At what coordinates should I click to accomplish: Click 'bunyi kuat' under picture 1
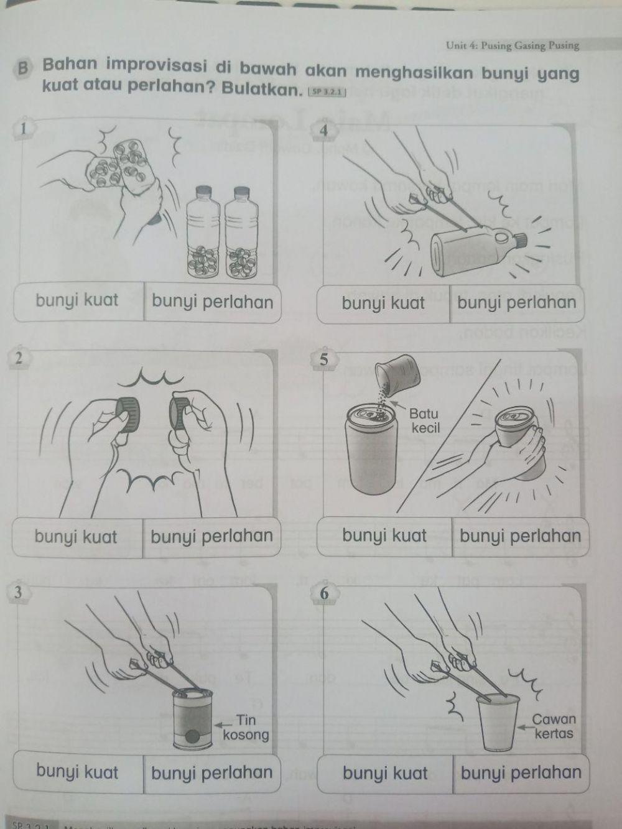pos(77,300)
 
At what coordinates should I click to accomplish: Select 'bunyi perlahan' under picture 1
pos(212,302)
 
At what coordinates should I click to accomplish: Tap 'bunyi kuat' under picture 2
pos(75,536)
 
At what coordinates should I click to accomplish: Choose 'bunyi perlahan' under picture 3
pos(211,772)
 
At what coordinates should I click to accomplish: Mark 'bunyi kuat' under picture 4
pos(383,303)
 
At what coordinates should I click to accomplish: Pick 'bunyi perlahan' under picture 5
pos(520,536)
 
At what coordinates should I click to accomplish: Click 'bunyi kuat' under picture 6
pos(385,773)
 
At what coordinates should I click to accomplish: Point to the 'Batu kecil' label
pos(424,420)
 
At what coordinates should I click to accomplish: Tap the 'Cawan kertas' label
pos(553,726)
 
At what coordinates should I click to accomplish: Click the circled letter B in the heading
pos(24,68)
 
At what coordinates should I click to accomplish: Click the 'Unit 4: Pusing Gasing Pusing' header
pos(512,45)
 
